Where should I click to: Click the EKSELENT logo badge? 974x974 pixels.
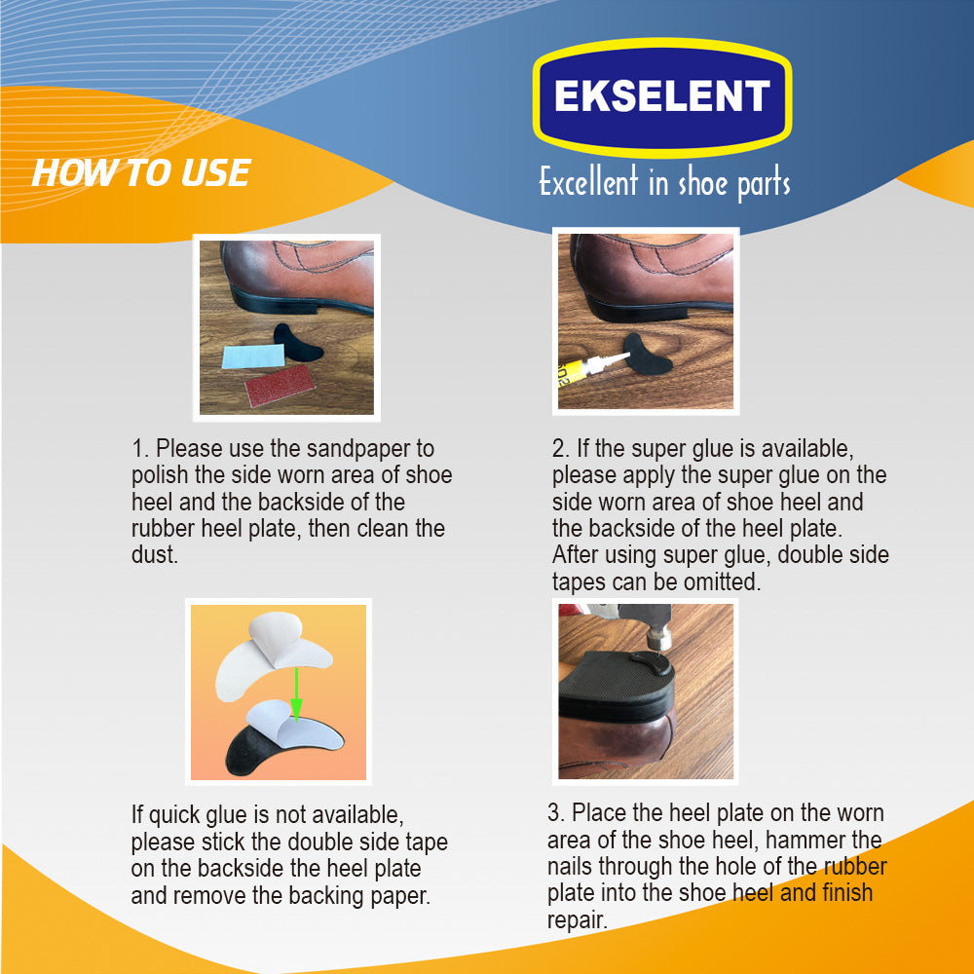(x=662, y=97)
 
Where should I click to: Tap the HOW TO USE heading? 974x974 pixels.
(x=141, y=172)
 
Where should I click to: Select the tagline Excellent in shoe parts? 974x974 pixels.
(x=664, y=182)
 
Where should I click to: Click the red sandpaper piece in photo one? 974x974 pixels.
(x=281, y=385)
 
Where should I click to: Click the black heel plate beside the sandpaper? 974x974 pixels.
(x=297, y=342)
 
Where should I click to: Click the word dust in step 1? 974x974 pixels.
(x=155, y=555)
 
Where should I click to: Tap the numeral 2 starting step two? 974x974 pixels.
(x=558, y=448)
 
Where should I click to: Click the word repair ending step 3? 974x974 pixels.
(x=577, y=921)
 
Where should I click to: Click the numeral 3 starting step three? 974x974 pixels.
(x=553, y=813)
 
